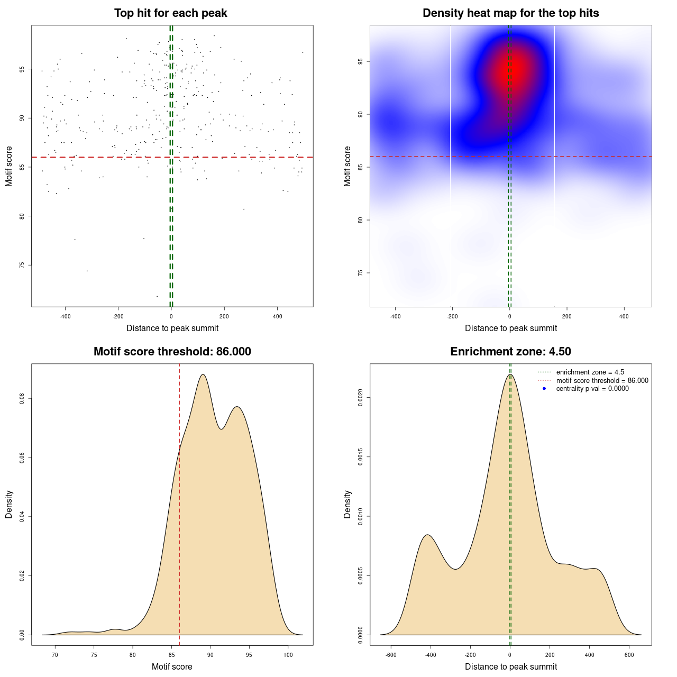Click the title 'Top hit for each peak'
(x=170, y=13)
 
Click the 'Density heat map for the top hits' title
(x=510, y=13)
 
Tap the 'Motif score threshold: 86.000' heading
(x=172, y=352)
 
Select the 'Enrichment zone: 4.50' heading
(x=510, y=352)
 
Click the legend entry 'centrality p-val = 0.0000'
(x=592, y=389)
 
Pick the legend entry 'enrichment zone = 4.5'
(x=590, y=372)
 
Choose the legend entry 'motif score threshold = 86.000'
(x=602, y=381)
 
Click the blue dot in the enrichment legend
(x=544, y=389)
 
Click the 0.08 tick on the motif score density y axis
(x=22, y=398)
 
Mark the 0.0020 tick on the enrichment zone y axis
(x=361, y=398)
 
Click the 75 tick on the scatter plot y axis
(x=22, y=265)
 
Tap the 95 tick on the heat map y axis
(x=361, y=61)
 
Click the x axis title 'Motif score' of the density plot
(x=172, y=666)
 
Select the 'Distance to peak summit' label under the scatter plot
(x=172, y=328)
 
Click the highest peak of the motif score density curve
(x=203, y=374)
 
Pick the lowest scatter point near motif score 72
(x=157, y=296)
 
